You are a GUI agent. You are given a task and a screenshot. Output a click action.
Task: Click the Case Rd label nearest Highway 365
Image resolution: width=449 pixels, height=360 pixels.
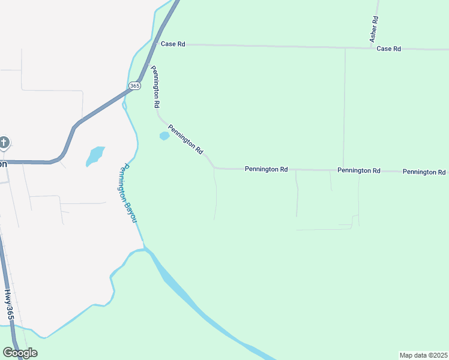[x=173, y=44]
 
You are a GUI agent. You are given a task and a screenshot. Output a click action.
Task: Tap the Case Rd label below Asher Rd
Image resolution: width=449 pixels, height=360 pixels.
[x=388, y=49]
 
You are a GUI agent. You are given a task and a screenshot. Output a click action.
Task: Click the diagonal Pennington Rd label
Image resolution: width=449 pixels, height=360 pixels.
[x=185, y=139]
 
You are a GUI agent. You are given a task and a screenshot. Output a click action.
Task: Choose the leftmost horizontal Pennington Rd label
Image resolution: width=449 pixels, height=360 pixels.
[x=266, y=170]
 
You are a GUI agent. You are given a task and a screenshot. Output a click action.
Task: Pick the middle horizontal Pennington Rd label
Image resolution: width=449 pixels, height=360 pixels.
[x=358, y=170]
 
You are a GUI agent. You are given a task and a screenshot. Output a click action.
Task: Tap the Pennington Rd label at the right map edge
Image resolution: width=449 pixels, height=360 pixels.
[x=424, y=172]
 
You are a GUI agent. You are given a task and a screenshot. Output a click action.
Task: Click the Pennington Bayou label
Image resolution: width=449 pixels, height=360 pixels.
[x=128, y=193]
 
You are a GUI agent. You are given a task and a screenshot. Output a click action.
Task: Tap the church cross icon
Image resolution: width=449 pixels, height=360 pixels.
[x=4, y=143]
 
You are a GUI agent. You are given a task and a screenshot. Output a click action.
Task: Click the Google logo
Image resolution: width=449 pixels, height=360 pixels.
[x=20, y=353]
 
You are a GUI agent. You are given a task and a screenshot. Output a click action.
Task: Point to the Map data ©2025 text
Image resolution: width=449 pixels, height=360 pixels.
[x=423, y=355]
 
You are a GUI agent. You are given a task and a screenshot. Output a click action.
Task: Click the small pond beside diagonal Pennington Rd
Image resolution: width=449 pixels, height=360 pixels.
[x=164, y=136]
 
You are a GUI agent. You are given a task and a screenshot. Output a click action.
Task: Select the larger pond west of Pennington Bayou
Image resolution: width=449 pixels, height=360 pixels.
[x=95, y=155]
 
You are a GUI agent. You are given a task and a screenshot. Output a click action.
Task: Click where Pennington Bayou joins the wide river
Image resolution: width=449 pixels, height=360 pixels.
[x=144, y=247]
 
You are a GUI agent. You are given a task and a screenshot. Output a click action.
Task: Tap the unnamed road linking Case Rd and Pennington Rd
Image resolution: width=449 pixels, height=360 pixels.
[x=345, y=108]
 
